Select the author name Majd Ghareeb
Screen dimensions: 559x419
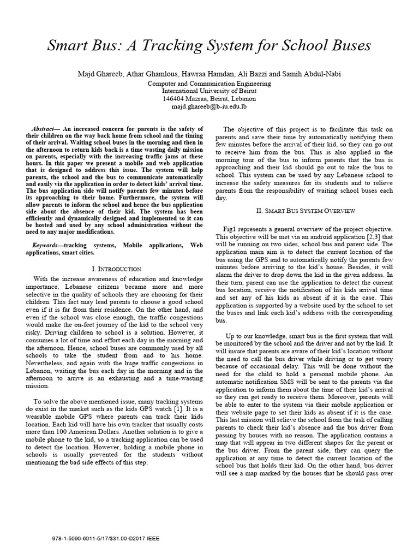[100, 74]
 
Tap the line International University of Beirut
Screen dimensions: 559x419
[209, 91]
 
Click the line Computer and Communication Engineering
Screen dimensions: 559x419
[209, 84]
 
